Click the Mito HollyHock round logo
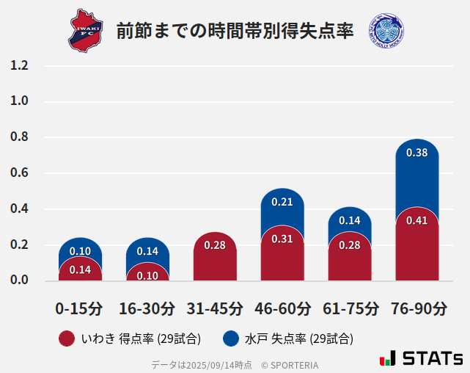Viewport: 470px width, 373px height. (386, 30)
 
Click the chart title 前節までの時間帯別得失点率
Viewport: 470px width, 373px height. (235, 31)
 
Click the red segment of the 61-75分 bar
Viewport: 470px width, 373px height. (350, 257)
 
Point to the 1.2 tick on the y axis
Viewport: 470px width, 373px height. (19, 66)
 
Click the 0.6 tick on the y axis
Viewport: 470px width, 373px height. (19, 173)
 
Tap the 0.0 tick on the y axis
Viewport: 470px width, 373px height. (19, 280)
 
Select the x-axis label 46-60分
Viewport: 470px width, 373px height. (282, 308)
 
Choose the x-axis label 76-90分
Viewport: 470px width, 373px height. (418, 308)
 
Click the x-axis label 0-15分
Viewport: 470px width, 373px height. (79, 308)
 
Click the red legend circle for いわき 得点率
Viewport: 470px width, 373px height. (66, 338)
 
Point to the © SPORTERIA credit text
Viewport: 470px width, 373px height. (290, 365)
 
